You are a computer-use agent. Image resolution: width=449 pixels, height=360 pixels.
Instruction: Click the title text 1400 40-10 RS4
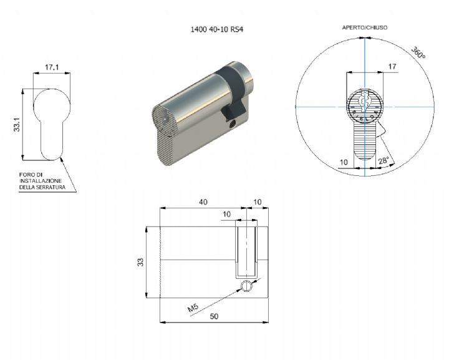[217, 29]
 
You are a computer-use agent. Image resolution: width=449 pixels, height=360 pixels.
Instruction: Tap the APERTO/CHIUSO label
[365, 27]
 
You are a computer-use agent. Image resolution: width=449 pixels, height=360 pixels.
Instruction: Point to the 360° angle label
[418, 52]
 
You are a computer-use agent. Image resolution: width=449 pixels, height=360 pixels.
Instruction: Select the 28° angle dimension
[384, 161]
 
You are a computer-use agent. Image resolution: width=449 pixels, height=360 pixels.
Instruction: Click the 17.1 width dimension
[52, 67]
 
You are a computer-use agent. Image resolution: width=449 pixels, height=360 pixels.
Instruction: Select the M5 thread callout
[193, 308]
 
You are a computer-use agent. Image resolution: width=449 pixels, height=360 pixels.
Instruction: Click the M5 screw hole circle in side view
[246, 286]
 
